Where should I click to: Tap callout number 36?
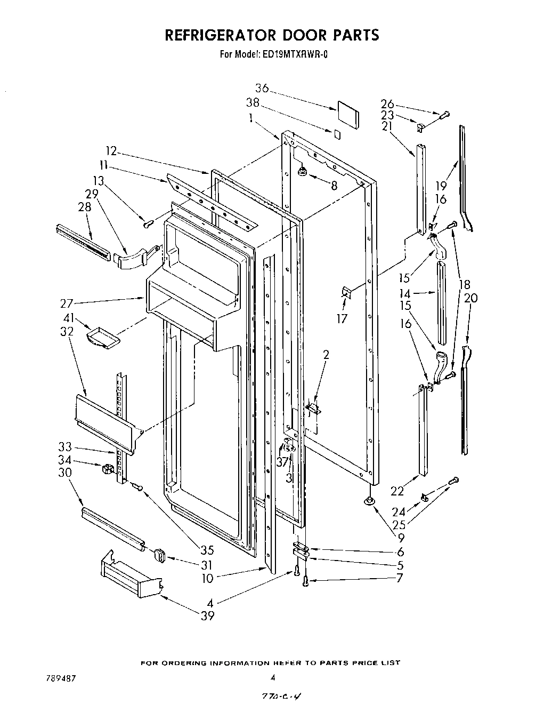(x=262, y=89)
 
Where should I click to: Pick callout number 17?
(x=342, y=318)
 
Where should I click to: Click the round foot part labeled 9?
(x=367, y=501)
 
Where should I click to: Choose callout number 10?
(x=208, y=578)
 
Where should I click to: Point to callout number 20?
(x=470, y=299)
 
